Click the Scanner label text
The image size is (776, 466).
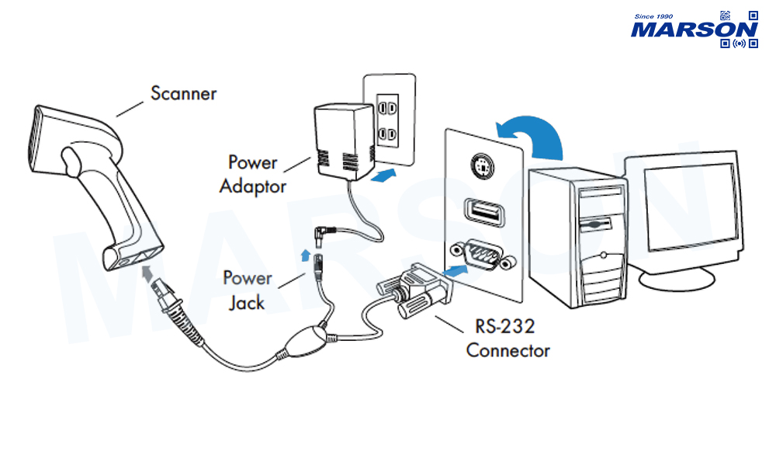pos(184,93)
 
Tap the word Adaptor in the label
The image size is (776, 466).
pos(253,186)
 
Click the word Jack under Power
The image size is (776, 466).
pos(247,303)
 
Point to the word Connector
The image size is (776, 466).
pos(508,350)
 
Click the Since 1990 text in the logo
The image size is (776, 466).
pos(654,16)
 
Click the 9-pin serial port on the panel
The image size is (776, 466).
pos(481,254)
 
